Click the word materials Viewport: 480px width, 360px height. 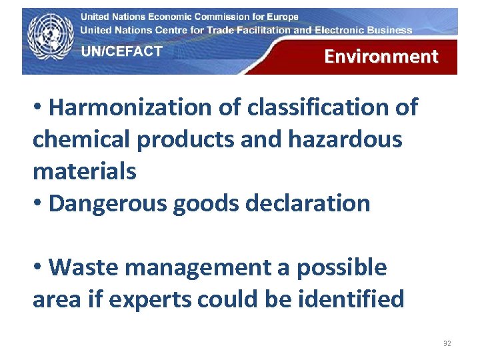[x=84, y=171]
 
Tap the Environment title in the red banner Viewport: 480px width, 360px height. [x=381, y=57]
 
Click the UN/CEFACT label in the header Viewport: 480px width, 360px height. [x=122, y=51]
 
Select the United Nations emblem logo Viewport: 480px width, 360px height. [x=51, y=39]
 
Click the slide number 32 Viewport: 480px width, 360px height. [x=447, y=344]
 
